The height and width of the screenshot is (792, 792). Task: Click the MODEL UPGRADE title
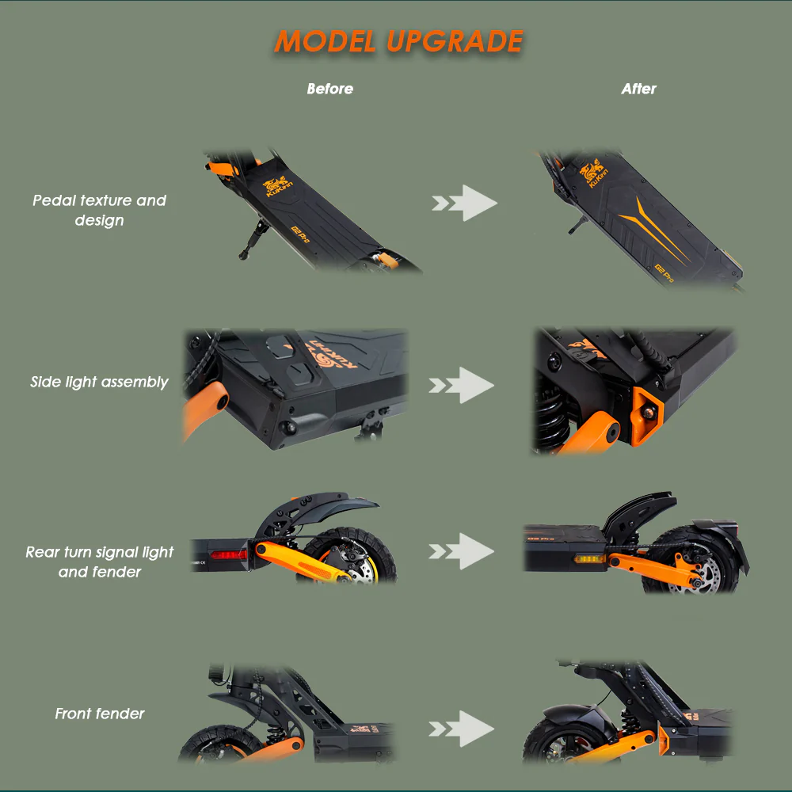pos(398,42)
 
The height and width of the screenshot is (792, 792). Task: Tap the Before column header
pos(329,89)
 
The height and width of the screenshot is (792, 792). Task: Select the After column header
pos(638,89)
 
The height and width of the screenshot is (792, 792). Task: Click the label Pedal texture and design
pos(99,210)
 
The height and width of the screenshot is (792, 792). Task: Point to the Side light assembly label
pos(99,382)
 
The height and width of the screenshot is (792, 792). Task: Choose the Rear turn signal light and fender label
pos(99,562)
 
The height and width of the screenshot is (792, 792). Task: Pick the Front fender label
pos(100,714)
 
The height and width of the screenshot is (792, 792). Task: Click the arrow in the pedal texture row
pos(466,204)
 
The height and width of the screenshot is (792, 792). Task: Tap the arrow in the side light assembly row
pos(463,385)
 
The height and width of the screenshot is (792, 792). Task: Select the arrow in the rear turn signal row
pos(463,550)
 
